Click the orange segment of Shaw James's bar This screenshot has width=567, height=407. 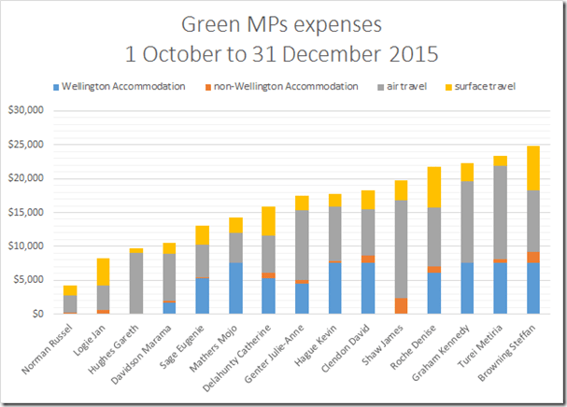click(x=401, y=305)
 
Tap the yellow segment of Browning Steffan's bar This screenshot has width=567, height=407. click(x=532, y=168)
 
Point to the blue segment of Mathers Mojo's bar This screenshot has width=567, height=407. click(x=235, y=288)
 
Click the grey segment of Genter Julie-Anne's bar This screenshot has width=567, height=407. click(x=302, y=245)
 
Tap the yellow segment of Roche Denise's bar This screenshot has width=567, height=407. click(x=433, y=187)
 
